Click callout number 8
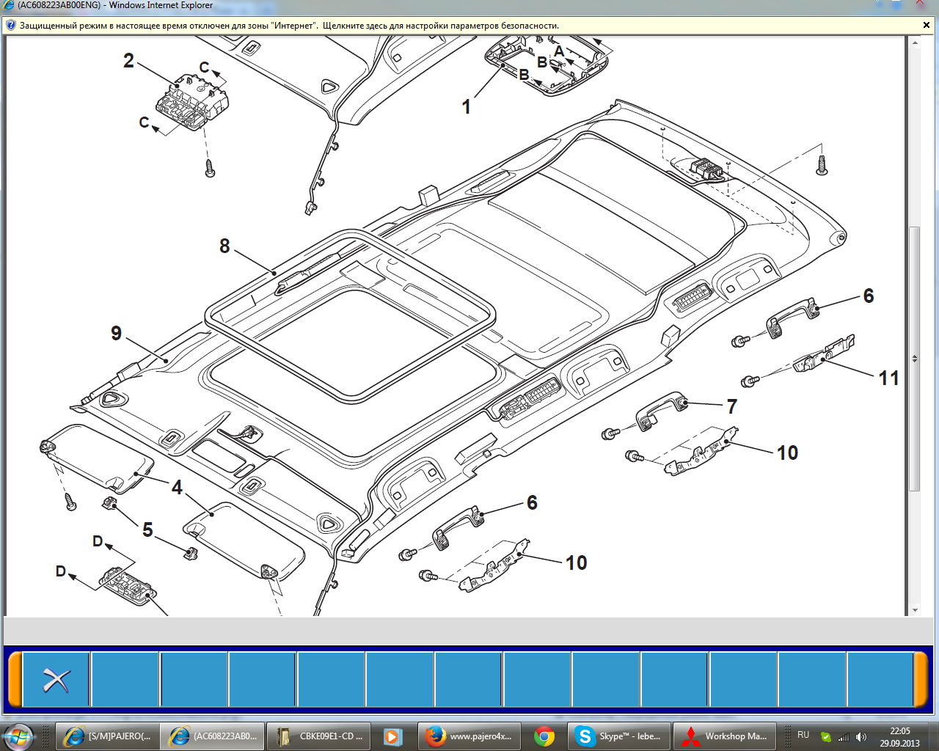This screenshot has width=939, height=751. [224, 246]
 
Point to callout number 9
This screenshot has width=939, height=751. [116, 334]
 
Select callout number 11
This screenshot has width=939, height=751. [889, 378]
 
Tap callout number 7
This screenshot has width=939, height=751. [732, 407]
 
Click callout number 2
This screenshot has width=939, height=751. [128, 61]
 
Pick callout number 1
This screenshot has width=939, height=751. [467, 107]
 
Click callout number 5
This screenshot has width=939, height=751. [148, 530]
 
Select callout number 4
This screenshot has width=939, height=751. [177, 488]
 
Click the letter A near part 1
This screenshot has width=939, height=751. [559, 51]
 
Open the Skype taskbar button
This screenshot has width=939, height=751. [618, 736]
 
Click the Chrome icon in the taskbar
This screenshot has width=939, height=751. [544, 737]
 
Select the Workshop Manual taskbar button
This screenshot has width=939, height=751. [725, 736]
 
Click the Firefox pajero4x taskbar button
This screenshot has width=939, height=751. [469, 736]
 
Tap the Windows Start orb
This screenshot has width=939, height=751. [18, 737]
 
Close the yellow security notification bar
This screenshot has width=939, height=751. [927, 26]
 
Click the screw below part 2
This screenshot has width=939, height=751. [210, 169]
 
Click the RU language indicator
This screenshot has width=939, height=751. [803, 735]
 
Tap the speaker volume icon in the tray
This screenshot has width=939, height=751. [861, 737]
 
